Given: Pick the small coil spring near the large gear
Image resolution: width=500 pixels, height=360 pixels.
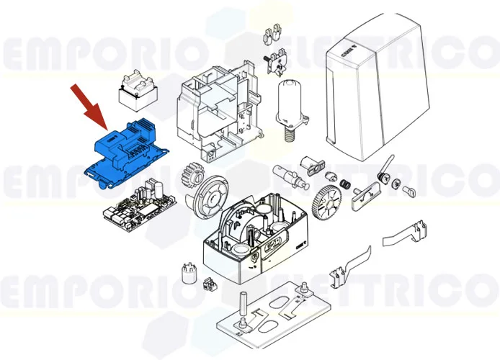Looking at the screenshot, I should point(346,184).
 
